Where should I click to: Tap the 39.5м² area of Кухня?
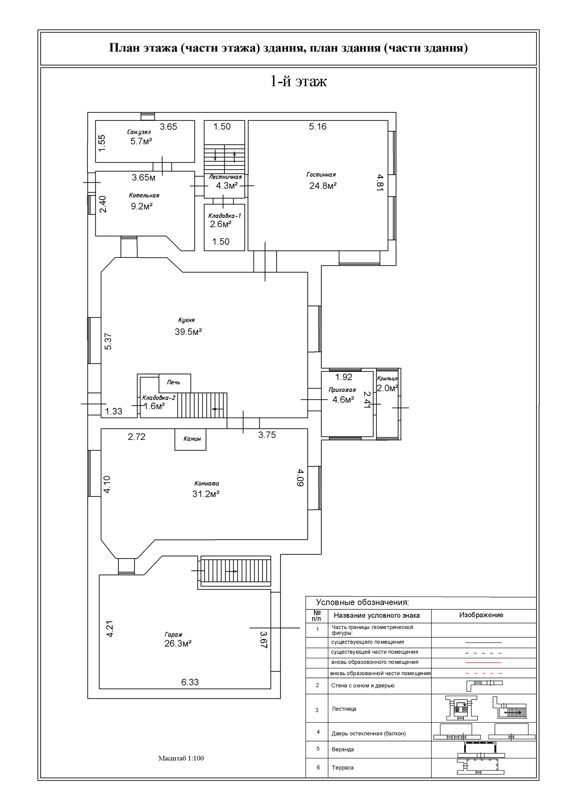(189, 332)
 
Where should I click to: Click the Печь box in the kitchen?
(175, 383)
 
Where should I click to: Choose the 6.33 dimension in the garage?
(190, 682)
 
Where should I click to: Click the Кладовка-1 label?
(224, 216)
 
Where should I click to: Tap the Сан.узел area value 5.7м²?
(141, 141)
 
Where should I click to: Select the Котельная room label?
(144, 195)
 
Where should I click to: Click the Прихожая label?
(342, 390)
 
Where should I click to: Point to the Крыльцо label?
(387, 378)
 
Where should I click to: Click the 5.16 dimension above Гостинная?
(318, 127)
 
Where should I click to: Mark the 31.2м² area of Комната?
(206, 494)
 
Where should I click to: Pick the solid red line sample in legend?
(483, 663)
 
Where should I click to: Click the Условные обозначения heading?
(363, 602)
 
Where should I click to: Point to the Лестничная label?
(226, 177)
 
